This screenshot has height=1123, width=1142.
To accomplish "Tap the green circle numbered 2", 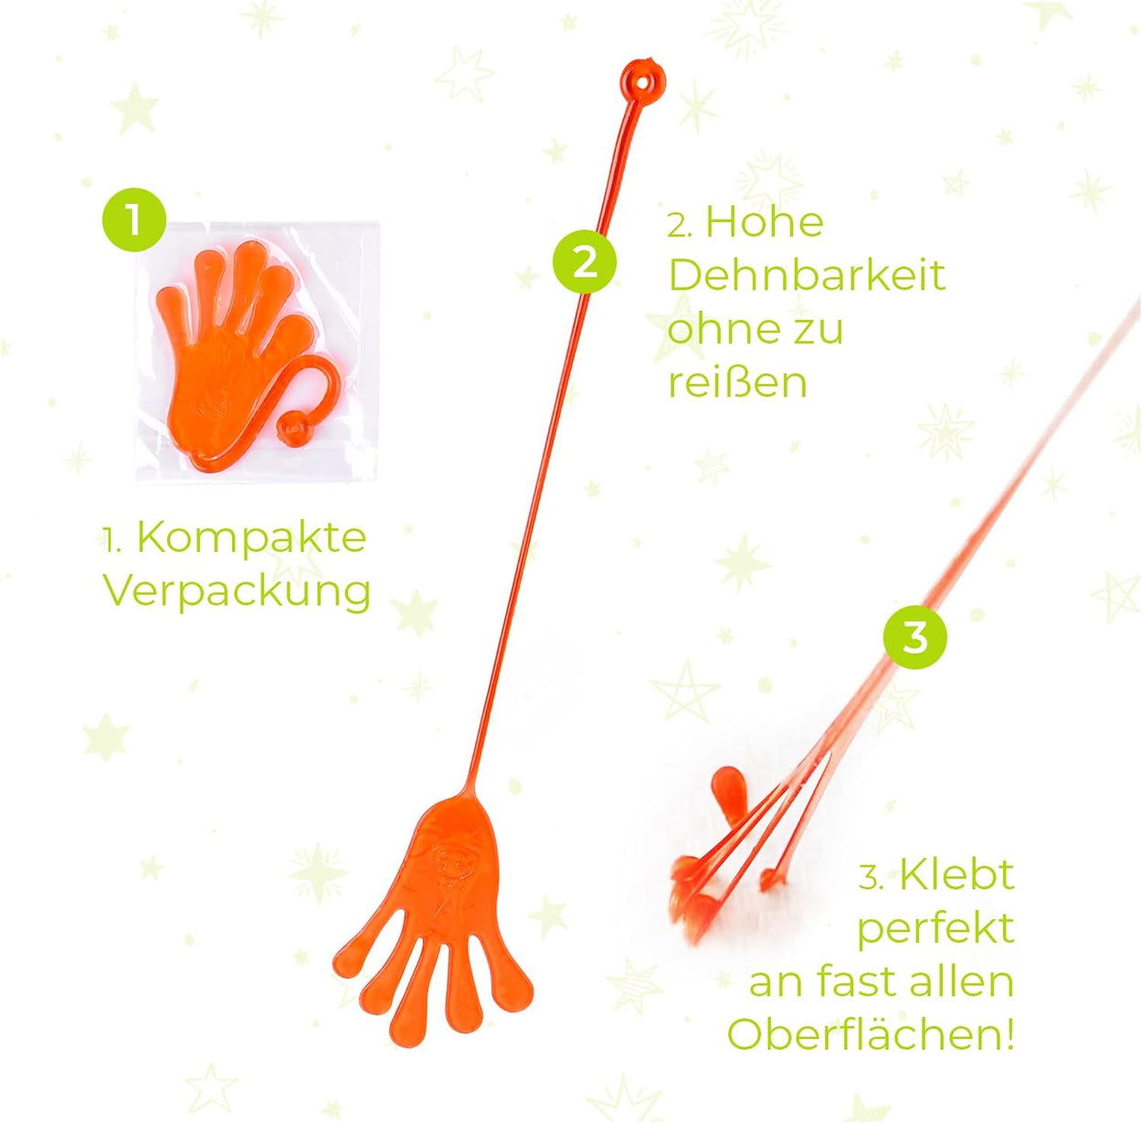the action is click(585, 261).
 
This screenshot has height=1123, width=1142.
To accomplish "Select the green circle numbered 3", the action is click(915, 639).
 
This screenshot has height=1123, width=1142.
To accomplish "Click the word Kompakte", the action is click(252, 538).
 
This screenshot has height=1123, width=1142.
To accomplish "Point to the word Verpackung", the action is click(238, 593).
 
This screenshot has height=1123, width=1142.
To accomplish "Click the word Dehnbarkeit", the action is click(807, 275).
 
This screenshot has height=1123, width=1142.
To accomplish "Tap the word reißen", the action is click(738, 383).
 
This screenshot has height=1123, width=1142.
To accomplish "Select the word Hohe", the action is click(765, 222).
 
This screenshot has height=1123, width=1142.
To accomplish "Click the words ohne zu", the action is click(756, 329).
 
